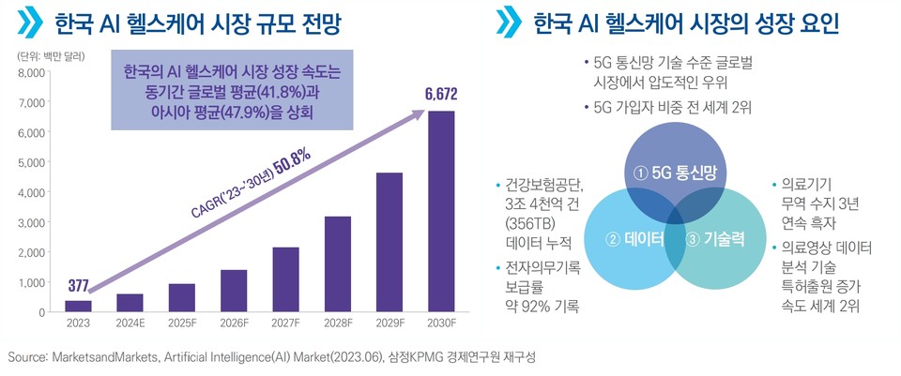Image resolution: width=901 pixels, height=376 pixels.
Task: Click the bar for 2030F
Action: point(441,211)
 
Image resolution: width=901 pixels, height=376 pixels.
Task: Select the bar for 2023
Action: point(79,306)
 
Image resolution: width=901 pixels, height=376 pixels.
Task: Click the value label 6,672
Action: point(440,94)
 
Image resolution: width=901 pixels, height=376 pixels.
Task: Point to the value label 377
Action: point(80,286)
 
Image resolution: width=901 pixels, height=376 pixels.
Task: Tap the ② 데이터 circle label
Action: point(634,238)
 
